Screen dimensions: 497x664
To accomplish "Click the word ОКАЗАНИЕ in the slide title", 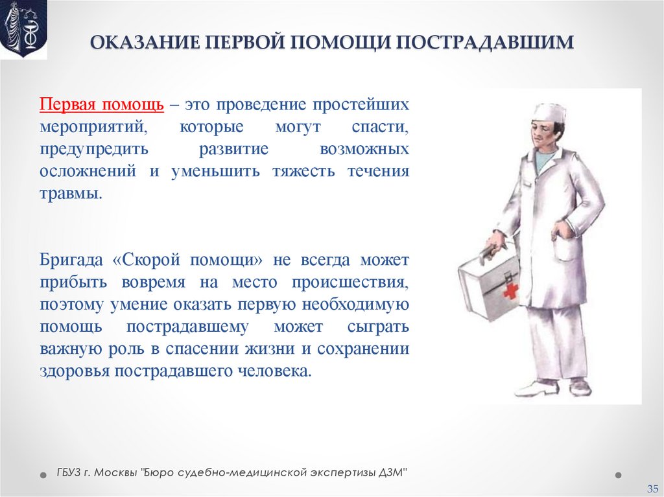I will click(142, 42).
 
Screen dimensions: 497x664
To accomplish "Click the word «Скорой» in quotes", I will click(148, 260).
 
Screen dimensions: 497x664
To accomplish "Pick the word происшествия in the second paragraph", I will click(350, 283).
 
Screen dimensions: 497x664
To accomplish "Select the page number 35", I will click(652, 487).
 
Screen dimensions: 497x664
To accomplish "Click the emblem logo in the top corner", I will click(23, 29).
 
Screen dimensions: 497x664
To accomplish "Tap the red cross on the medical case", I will click(511, 290).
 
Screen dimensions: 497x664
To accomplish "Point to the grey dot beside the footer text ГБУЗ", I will click(43, 474).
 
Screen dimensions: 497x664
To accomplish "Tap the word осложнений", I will click(88, 172).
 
